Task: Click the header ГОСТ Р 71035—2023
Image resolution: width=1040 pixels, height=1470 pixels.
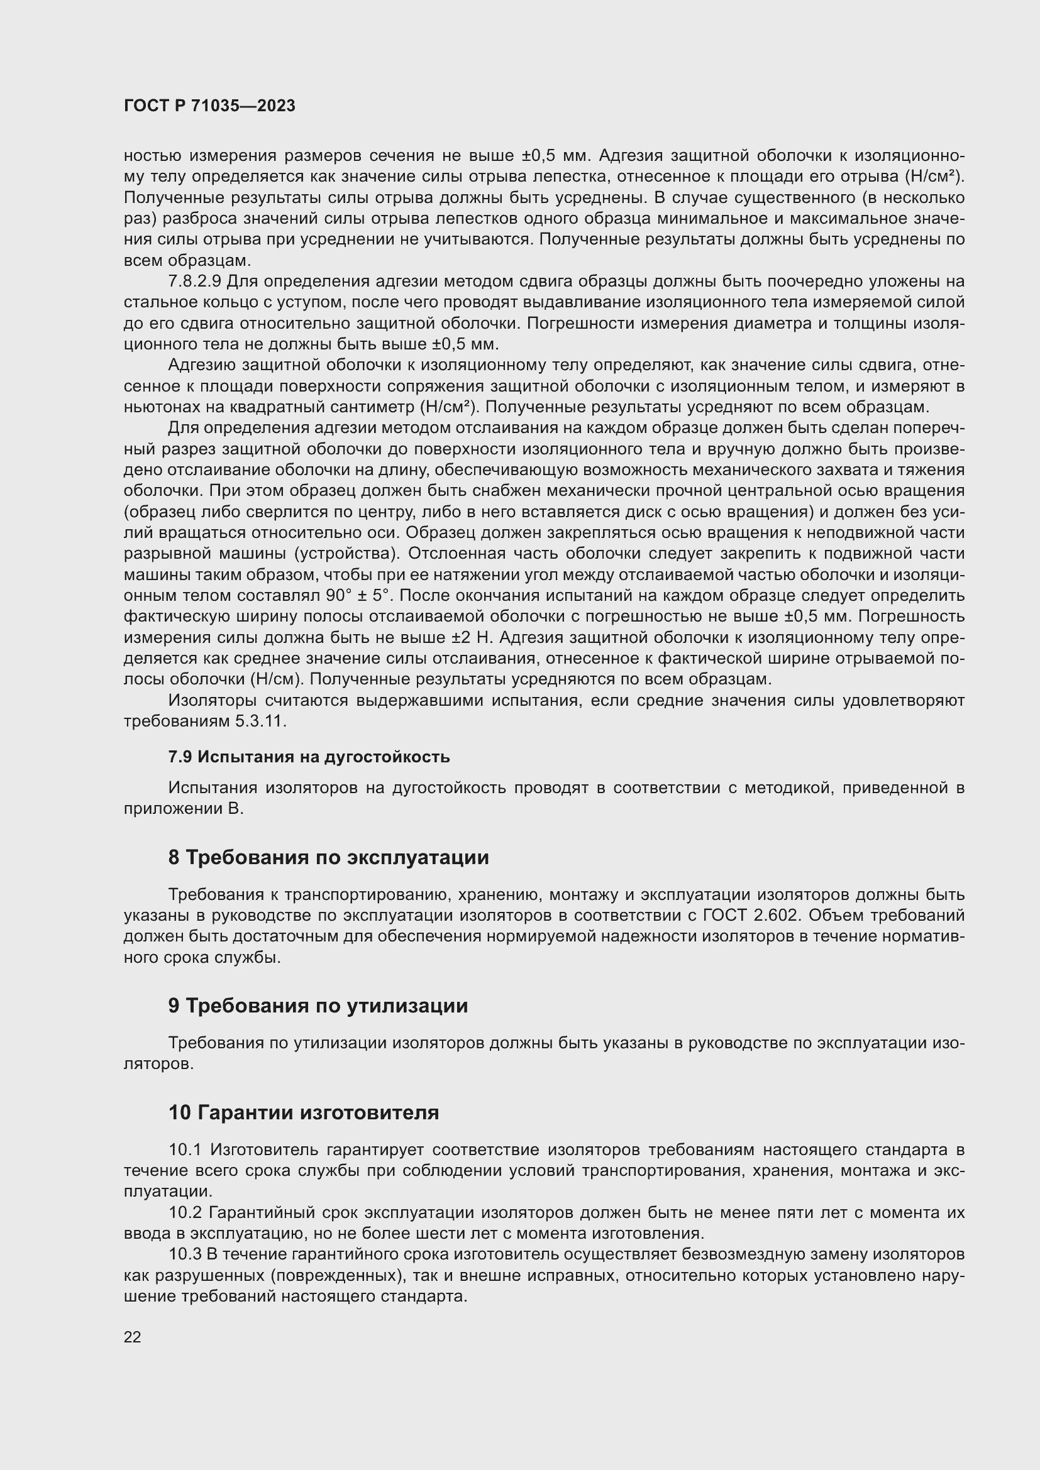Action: coord(209,106)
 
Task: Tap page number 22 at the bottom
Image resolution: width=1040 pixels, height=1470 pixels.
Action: coord(133,1337)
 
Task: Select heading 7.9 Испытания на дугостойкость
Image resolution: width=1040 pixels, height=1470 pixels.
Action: coord(309,757)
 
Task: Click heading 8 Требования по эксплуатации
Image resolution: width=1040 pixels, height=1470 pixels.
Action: coord(328,857)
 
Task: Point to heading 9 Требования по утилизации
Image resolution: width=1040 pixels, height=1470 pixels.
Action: coord(318,1006)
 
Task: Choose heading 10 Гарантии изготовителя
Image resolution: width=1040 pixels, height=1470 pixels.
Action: coord(304,1113)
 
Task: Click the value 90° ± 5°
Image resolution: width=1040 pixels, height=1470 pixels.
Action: coord(358,596)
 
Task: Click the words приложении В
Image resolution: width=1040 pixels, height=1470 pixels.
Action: coord(183,809)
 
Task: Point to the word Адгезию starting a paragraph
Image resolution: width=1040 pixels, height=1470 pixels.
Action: coord(202,365)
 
